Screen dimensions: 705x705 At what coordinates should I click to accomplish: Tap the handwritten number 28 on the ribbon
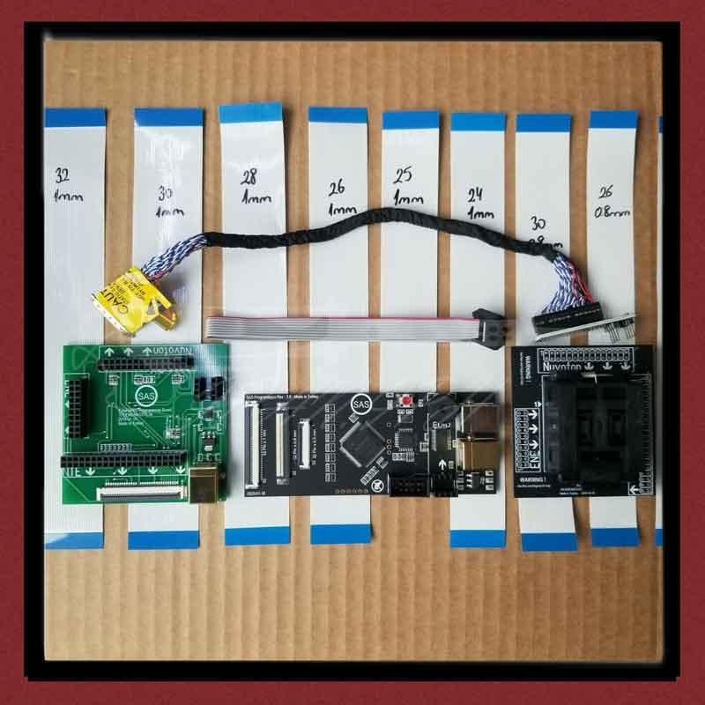[x=249, y=177]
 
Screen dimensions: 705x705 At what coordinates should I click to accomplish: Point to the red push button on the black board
[x=406, y=402]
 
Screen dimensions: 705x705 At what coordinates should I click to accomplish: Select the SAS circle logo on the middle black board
[x=361, y=404]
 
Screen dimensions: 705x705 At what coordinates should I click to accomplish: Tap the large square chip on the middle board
[x=360, y=443]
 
